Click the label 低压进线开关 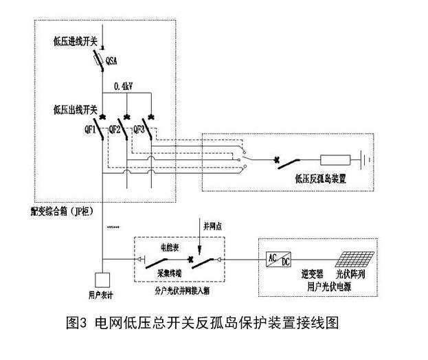click(75, 42)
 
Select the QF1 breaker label click(89, 128)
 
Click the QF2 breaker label click(115, 128)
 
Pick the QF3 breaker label click(139, 128)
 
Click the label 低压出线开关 click(76, 109)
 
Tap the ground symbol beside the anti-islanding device click(369, 162)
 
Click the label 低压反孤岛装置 click(320, 177)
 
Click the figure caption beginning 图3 click(204, 322)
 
